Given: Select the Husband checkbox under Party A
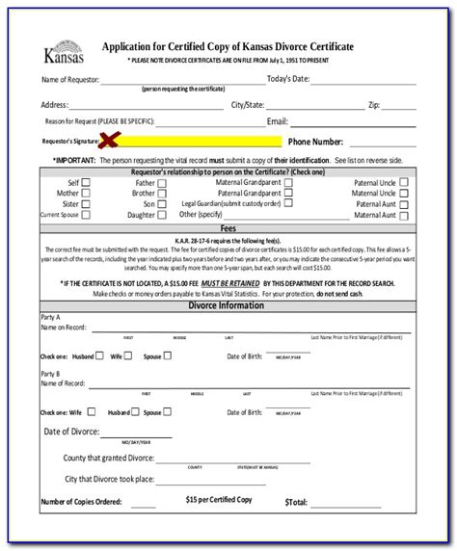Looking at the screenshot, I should pyautogui.click(x=102, y=355).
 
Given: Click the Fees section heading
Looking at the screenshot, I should pyautogui.click(x=228, y=230).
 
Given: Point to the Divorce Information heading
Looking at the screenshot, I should pyautogui.click(x=228, y=305).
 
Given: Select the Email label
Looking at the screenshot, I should pyautogui.click(x=278, y=121).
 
